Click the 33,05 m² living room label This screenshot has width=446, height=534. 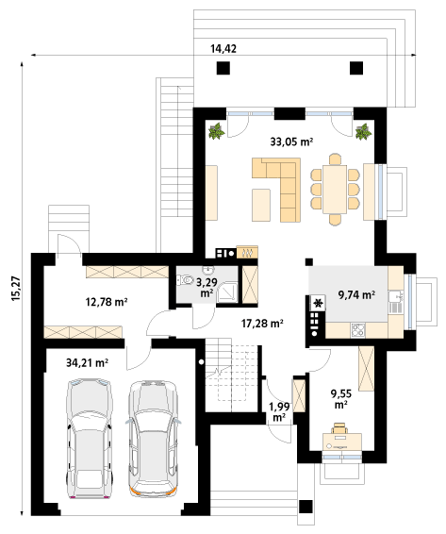click(x=291, y=142)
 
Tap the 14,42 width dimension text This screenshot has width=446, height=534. click(x=223, y=49)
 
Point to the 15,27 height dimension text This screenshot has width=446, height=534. click(x=16, y=288)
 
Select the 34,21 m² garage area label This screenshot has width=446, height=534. click(x=87, y=363)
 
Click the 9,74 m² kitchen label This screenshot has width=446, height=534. click(x=356, y=295)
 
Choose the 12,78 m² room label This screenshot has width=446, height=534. click(x=107, y=302)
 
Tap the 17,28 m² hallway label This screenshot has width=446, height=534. click(x=262, y=324)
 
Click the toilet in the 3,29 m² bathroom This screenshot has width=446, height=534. click(x=185, y=280)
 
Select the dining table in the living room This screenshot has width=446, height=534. click(x=335, y=190)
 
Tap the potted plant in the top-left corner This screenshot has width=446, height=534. click(x=217, y=131)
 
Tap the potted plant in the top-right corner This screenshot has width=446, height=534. click(x=364, y=131)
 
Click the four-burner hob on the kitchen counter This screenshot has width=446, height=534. click(x=358, y=329)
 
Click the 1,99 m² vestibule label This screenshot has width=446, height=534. click(x=279, y=411)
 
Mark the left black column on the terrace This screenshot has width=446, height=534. click(x=223, y=68)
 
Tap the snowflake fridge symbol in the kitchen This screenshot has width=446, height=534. click(x=319, y=303)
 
